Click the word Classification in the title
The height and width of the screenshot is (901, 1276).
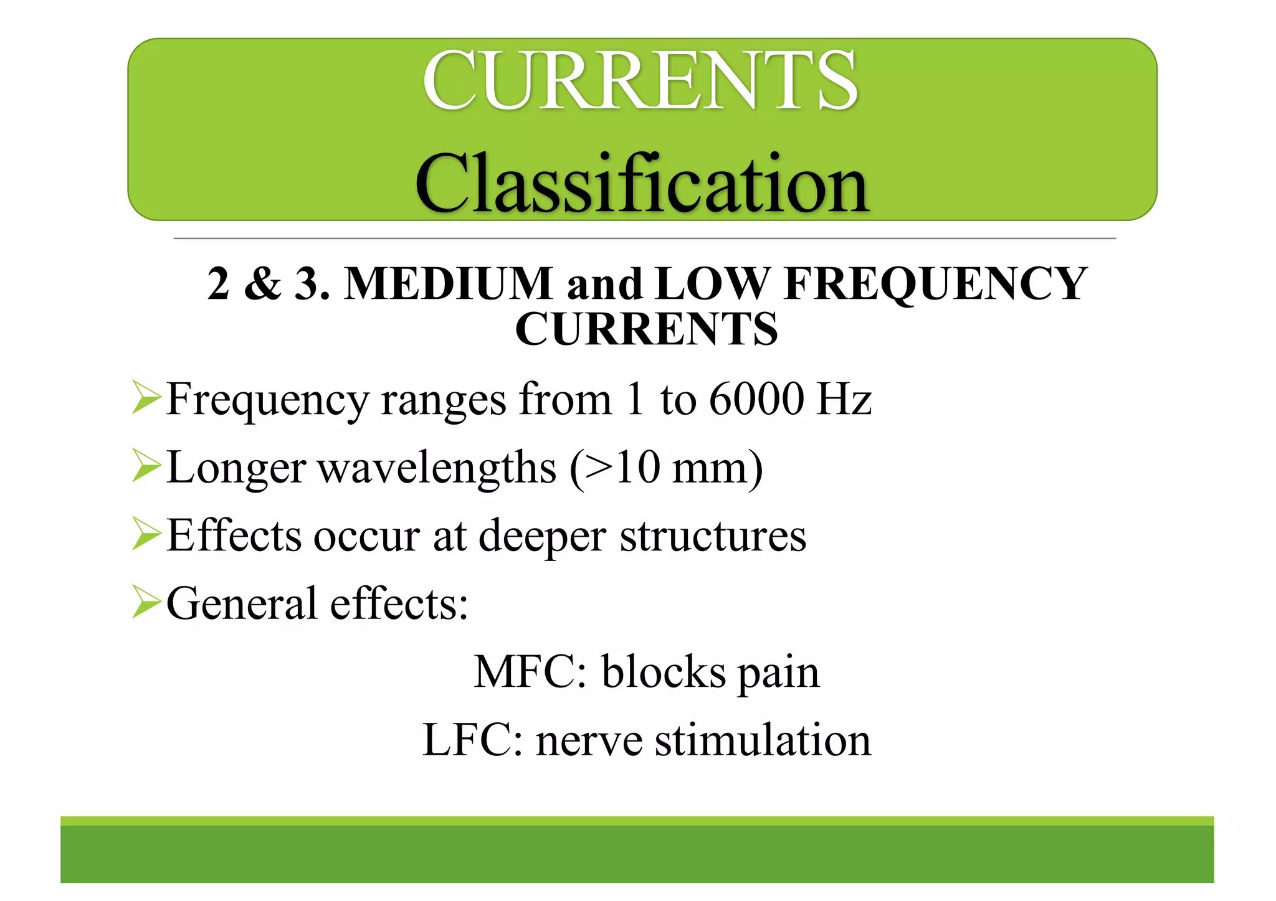coord(642,184)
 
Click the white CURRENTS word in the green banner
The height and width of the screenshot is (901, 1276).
coord(640,81)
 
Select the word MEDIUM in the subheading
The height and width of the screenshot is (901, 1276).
coord(449,284)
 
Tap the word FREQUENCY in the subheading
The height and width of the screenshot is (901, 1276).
coord(936,284)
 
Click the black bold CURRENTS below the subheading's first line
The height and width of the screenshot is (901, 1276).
coord(646,329)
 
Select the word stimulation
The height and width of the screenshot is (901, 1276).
coord(763,740)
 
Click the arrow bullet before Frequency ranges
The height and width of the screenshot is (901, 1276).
coord(147,399)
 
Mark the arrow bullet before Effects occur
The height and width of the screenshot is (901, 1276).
coord(147,535)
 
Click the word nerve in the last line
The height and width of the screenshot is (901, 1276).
coord(589,742)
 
